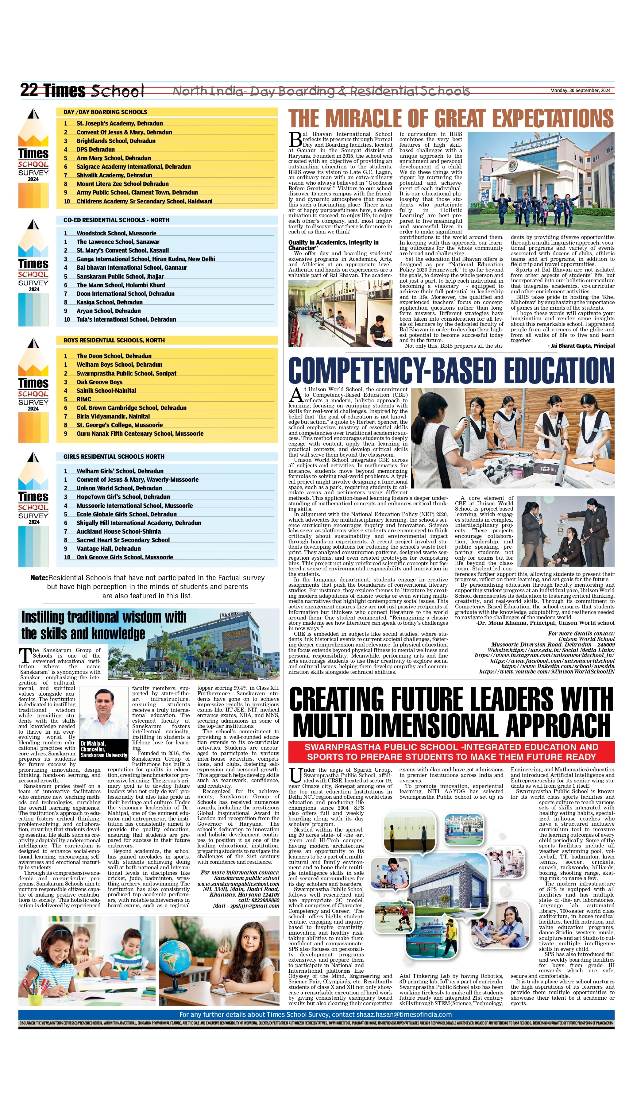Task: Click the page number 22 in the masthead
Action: tap(29, 91)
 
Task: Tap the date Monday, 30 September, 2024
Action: tap(580, 91)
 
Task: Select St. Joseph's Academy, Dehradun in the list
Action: tap(120, 123)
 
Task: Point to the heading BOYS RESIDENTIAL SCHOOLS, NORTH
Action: tap(114, 340)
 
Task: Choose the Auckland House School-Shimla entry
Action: tap(119, 531)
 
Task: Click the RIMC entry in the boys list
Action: tap(84, 399)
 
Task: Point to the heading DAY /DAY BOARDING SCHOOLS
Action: tap(105, 112)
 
